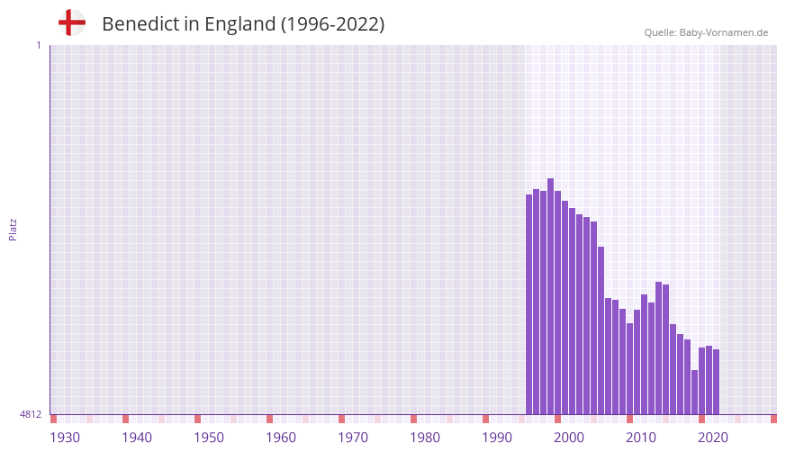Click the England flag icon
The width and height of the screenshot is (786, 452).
tap(71, 23)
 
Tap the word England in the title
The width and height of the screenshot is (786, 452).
tap(240, 24)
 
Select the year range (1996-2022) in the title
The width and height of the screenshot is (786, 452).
tap(333, 24)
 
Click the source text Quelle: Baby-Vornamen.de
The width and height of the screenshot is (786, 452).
tap(706, 32)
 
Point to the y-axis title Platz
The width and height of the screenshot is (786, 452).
tap(13, 229)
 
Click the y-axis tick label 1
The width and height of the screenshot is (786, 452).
tap(38, 45)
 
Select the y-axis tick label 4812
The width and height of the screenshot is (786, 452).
tap(31, 414)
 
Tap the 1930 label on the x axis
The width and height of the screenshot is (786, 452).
tap(65, 438)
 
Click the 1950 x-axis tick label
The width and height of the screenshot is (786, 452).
tap(209, 438)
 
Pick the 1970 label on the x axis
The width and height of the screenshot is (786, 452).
tap(353, 438)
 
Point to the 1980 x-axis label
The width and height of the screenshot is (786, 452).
tap(425, 438)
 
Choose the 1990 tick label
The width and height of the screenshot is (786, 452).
tap(497, 438)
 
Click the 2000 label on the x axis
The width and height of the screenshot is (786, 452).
tap(569, 438)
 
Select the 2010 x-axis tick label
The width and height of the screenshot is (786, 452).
tap(641, 438)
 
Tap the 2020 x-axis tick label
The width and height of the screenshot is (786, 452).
tap(713, 438)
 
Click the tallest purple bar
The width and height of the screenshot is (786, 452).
tap(551, 297)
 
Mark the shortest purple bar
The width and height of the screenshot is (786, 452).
tap(695, 393)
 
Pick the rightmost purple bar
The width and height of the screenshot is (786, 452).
tap(717, 382)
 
